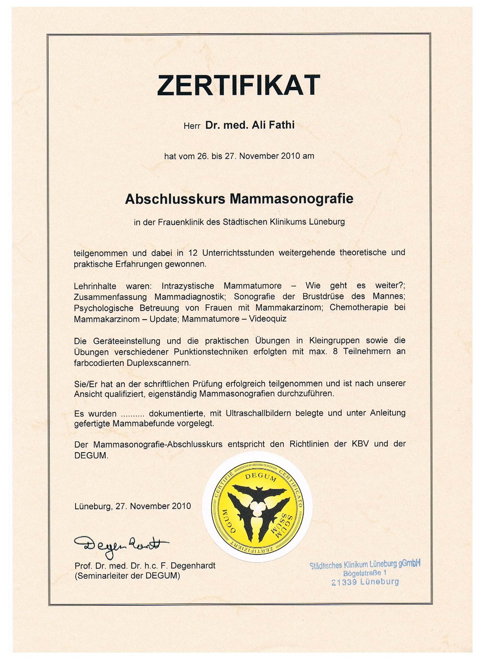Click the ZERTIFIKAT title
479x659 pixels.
[239, 85]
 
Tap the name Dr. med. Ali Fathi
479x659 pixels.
[250, 125]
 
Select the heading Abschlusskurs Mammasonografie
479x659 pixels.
[239, 199]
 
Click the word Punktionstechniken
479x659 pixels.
[210, 352]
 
